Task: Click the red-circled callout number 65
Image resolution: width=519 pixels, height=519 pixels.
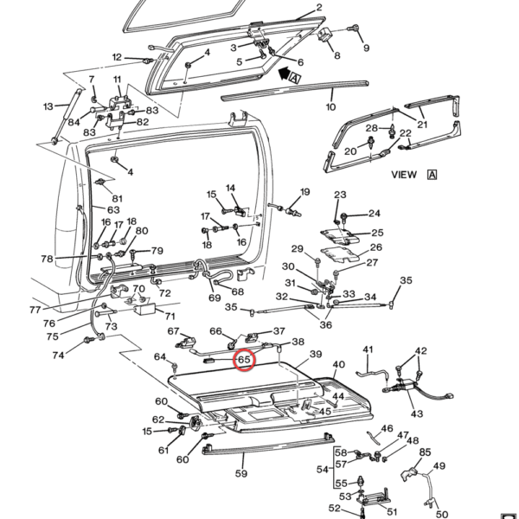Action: pos(243,359)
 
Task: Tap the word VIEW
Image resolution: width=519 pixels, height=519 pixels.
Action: pos(404,174)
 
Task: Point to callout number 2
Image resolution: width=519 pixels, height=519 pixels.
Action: pos(318,8)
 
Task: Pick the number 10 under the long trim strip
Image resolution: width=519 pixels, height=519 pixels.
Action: pos(330,107)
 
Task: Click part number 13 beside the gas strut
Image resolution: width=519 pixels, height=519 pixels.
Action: pos(48,106)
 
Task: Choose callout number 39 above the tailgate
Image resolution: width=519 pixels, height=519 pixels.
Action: pos(316,355)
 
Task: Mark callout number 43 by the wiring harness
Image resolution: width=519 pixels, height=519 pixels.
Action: pos(417,414)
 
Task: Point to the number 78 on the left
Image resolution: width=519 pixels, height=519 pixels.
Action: pos(47,259)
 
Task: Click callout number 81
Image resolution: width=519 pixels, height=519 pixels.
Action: pos(117,199)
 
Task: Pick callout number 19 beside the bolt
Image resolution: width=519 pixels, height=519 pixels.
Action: pos(304,191)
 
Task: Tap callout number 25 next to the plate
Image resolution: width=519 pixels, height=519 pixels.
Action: pos(377,232)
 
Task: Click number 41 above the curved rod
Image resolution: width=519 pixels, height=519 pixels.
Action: pos(368,350)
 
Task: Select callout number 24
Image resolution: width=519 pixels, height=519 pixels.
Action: pos(374,214)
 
